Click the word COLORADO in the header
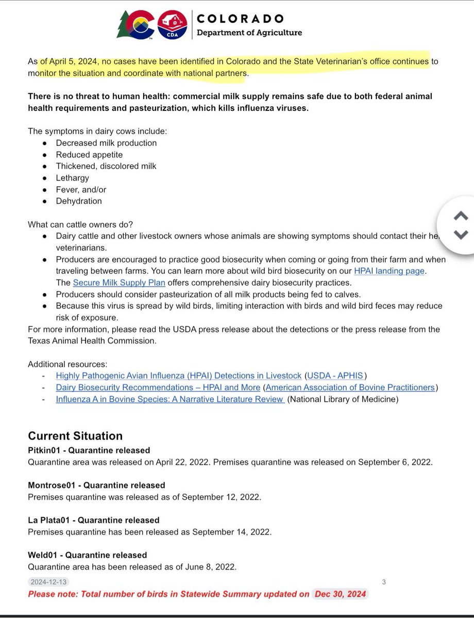240,19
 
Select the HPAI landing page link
389,271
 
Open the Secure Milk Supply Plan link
119,283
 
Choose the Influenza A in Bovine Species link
170,399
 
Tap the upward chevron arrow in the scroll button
461,216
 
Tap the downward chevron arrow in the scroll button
461,235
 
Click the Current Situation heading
75,436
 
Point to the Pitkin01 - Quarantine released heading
89,450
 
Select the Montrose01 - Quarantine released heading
96,485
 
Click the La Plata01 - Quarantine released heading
94,520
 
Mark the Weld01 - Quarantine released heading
88,555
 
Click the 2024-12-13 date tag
48,582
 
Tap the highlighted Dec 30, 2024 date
340,594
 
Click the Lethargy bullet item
73,178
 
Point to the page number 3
384,582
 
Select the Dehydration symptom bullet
79,201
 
